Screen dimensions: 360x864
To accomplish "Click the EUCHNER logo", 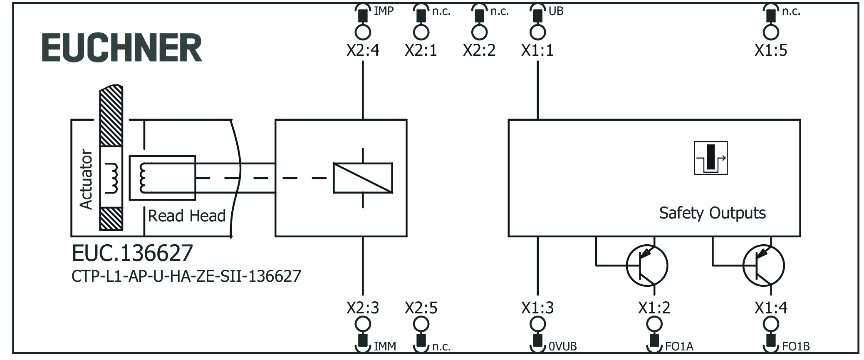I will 122,48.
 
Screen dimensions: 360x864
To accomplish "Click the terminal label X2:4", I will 363,50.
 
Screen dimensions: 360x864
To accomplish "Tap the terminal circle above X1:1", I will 537,32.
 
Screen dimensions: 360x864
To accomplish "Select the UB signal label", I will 556,11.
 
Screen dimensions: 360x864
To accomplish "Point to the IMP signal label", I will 383,11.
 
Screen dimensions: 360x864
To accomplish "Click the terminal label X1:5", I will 770,50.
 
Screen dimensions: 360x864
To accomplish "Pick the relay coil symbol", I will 363,178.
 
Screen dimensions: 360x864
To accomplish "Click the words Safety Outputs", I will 712,213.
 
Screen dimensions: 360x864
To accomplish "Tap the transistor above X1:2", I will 647,266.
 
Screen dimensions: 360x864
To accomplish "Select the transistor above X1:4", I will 763,266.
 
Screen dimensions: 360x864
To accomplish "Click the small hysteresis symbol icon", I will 711,158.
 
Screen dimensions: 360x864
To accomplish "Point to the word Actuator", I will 86,179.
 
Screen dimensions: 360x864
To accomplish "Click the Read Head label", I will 187,216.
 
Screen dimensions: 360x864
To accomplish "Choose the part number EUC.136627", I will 132,253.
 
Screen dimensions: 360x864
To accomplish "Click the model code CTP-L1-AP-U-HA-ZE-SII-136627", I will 186,276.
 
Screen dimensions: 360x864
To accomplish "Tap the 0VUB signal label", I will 562,346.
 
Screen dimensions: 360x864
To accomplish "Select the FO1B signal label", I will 795,346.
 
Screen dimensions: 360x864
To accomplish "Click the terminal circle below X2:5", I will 421,324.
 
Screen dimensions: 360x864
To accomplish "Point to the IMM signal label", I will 385,346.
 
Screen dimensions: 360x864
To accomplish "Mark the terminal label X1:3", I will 537,308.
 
